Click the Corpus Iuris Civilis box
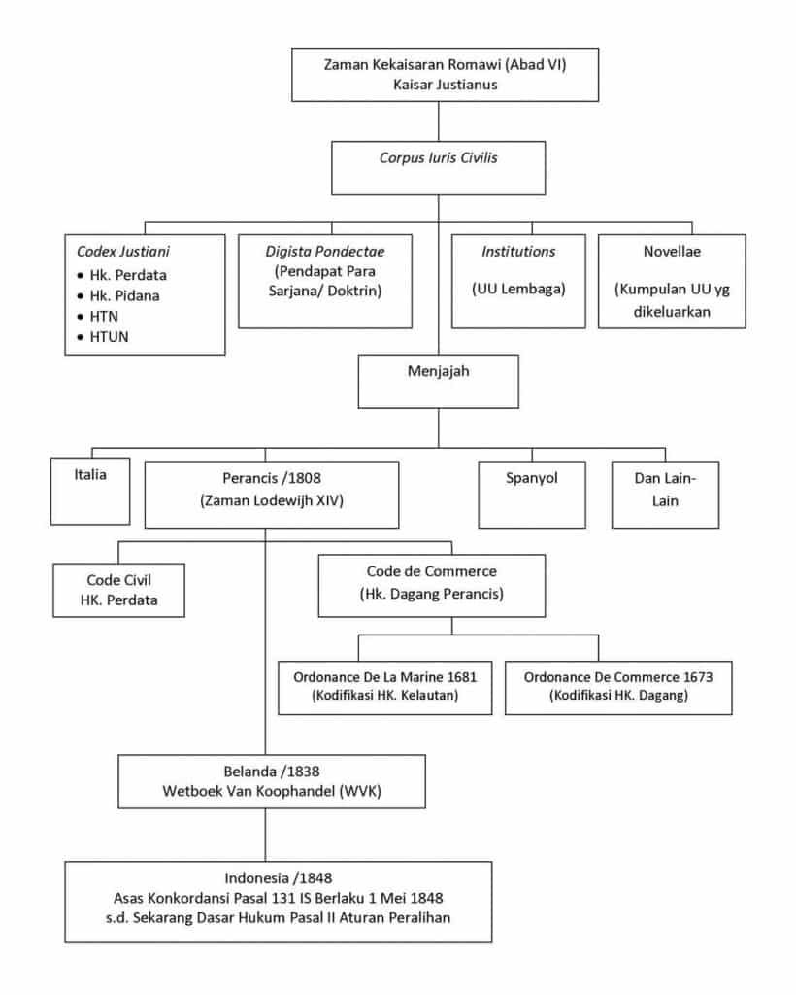438,168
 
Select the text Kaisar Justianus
445,85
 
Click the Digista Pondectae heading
324,252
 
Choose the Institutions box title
518,252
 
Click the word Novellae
672,252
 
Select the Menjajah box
438,381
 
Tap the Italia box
90,491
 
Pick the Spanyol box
532,495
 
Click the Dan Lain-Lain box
665,495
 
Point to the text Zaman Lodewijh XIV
272,500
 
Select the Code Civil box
118,590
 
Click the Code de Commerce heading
432,571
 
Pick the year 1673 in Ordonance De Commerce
698,677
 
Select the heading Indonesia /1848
279,877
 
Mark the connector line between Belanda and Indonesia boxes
265,835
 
